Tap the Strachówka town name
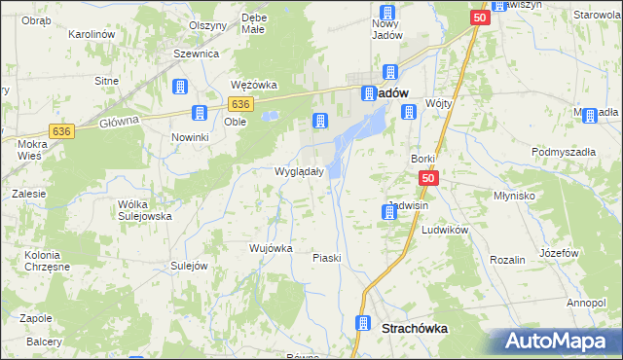pos(416,329)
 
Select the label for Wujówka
pos(271,248)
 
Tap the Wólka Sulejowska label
pos(144,210)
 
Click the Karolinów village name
pos(92,34)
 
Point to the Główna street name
pos(120,122)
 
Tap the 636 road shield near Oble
pos(241,104)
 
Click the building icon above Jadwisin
pos(388,212)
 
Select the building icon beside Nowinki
pos(200,114)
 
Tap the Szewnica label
pos(196,54)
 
